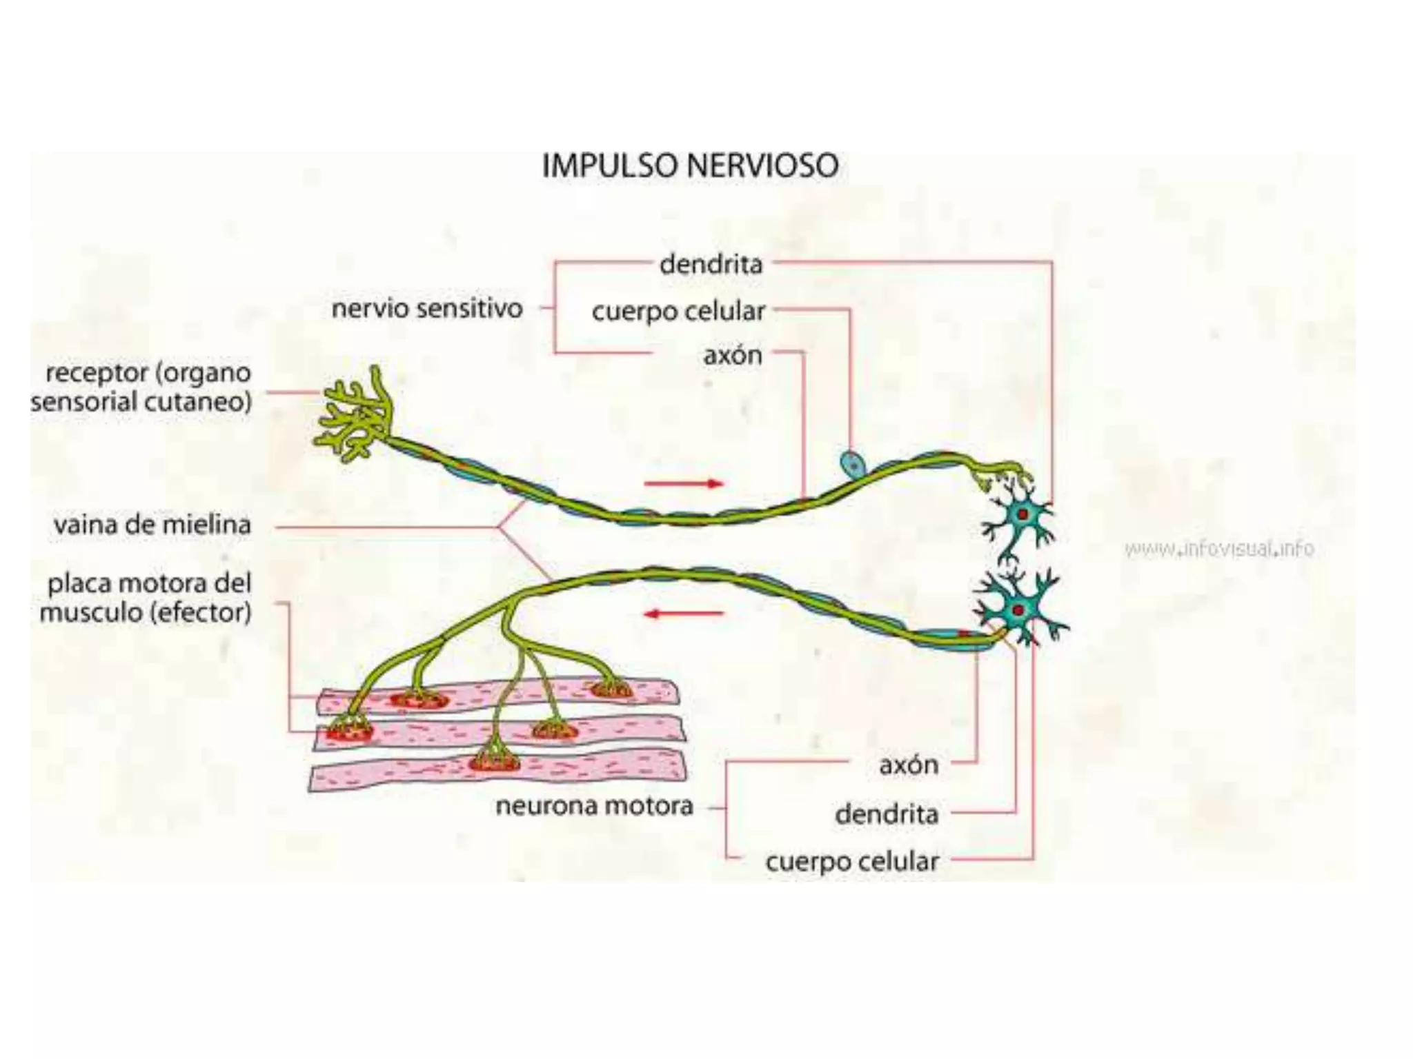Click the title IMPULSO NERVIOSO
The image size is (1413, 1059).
(690, 167)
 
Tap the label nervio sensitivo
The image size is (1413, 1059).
(427, 308)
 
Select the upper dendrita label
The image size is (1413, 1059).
(711, 265)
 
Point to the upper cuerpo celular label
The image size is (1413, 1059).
(678, 312)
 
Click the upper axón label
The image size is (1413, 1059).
(733, 356)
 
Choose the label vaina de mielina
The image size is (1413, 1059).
(152, 525)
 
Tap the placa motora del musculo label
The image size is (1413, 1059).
(146, 598)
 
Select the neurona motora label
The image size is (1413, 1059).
(594, 806)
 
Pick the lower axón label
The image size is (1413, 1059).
(908, 765)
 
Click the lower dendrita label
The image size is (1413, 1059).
(887, 815)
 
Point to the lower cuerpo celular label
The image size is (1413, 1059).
(852, 862)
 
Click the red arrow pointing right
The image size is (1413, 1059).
(683, 483)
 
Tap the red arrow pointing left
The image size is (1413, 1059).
(683, 613)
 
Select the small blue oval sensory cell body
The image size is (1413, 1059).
(852, 463)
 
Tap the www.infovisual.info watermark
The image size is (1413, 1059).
(1219, 549)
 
